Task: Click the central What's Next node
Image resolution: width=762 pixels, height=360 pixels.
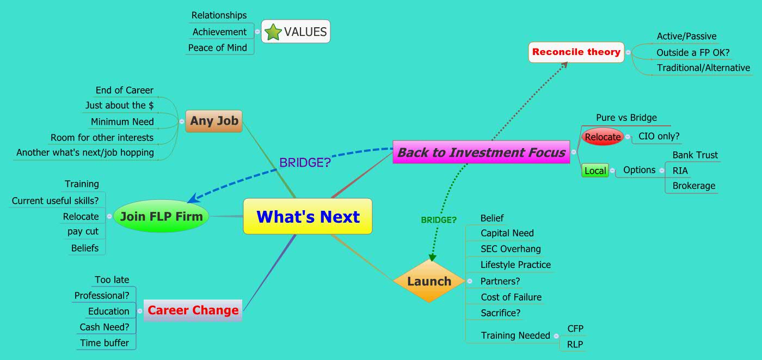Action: pyautogui.click(x=308, y=217)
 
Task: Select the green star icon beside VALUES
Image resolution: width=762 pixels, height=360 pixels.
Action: pyautogui.click(x=272, y=32)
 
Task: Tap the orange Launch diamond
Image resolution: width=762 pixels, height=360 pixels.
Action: pyautogui.click(x=429, y=281)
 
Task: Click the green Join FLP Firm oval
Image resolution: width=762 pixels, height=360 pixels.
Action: pyautogui.click(x=161, y=216)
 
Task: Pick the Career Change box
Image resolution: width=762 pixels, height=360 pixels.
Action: pyautogui.click(x=193, y=310)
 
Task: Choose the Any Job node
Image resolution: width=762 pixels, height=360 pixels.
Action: pyautogui.click(x=214, y=121)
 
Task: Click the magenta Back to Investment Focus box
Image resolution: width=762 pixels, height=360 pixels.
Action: pyautogui.click(x=481, y=152)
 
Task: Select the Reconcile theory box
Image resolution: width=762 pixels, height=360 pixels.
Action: pyautogui.click(x=576, y=52)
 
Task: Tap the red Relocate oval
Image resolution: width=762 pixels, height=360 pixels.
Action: pyautogui.click(x=602, y=137)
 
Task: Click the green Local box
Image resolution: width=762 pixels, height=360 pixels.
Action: pyautogui.click(x=594, y=170)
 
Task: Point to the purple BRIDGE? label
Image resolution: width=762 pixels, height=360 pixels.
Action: pyautogui.click(x=305, y=162)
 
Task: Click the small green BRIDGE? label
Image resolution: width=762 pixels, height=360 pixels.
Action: pyautogui.click(x=438, y=220)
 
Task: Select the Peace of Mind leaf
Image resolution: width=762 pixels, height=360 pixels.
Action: pyautogui.click(x=217, y=48)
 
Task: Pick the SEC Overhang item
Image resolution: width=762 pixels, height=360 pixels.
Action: pyautogui.click(x=511, y=249)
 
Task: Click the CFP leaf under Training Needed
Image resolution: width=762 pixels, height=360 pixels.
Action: pyautogui.click(x=575, y=328)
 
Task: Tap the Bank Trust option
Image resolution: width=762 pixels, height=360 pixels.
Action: pyautogui.click(x=695, y=155)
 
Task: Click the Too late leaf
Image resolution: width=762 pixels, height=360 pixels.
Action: pyautogui.click(x=112, y=280)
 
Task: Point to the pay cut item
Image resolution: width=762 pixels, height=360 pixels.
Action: pyautogui.click(x=83, y=231)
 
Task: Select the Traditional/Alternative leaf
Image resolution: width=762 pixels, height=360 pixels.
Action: pyautogui.click(x=703, y=68)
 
